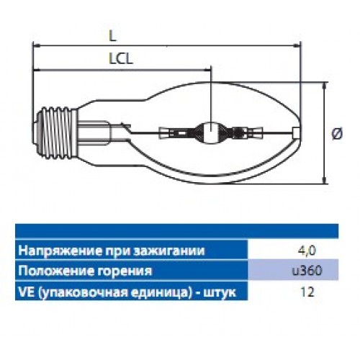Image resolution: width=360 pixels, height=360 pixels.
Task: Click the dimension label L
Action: tap(112, 36)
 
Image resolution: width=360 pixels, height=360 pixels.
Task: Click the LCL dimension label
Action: tap(121, 58)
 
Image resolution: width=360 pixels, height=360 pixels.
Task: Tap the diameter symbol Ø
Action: tap(337, 133)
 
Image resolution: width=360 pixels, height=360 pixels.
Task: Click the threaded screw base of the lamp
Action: tap(58, 132)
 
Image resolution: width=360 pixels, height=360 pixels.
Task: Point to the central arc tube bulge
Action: tap(210, 132)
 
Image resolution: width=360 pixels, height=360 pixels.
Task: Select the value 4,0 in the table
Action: tap(307, 251)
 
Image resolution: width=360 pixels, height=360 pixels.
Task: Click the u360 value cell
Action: tap(307, 271)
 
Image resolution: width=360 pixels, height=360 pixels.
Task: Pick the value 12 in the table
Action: tap(307, 292)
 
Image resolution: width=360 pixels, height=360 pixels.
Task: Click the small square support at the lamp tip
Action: tap(296, 132)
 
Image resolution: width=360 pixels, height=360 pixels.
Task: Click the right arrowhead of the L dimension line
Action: tap(298, 45)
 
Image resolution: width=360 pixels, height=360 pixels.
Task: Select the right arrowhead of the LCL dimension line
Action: tap(207, 70)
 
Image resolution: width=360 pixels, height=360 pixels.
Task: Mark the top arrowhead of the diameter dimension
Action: tap(325, 86)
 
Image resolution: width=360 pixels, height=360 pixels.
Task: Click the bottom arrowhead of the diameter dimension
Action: tap(325, 180)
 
